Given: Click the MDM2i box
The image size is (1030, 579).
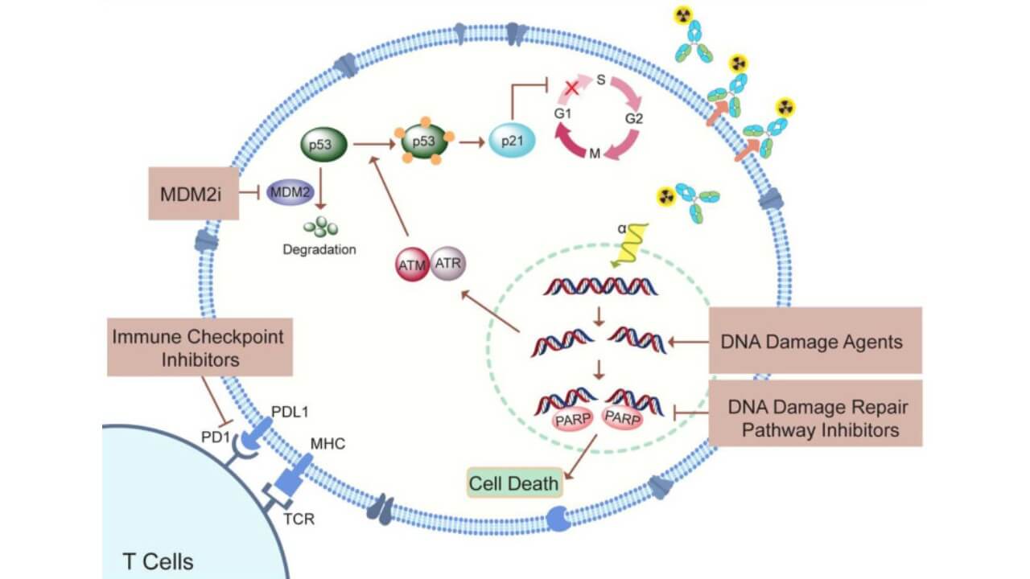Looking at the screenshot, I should click(194, 193).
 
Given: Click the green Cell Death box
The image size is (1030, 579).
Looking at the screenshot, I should click(515, 483).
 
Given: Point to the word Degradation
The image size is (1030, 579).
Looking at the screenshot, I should click(319, 249).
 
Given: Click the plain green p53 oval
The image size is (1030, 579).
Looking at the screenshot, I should click(323, 146).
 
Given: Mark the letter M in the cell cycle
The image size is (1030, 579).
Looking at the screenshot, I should click(594, 152).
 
